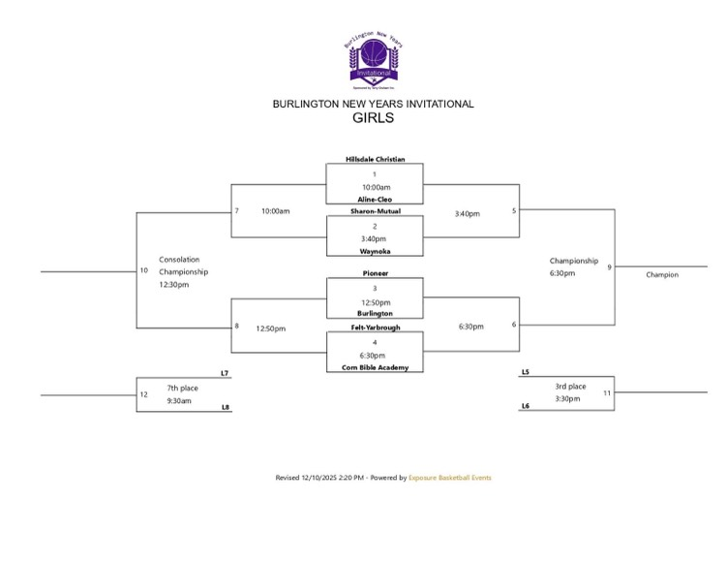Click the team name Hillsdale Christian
[x=375, y=159]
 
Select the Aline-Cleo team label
[x=374, y=199]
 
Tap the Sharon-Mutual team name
[x=374, y=210]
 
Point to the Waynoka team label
[x=374, y=250]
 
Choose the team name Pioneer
[x=374, y=274]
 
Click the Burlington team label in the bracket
[x=374, y=314]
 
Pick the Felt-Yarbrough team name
[x=374, y=328]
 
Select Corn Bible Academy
[x=374, y=367]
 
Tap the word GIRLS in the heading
[x=374, y=118]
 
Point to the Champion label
[x=662, y=274]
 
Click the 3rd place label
[x=570, y=387]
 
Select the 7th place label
[x=181, y=388]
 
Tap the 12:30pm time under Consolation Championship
[x=174, y=285]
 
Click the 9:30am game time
[x=179, y=400]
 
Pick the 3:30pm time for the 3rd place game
[x=567, y=399]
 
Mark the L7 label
[x=225, y=373]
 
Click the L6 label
[x=525, y=407]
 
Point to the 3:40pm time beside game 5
[x=468, y=213]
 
